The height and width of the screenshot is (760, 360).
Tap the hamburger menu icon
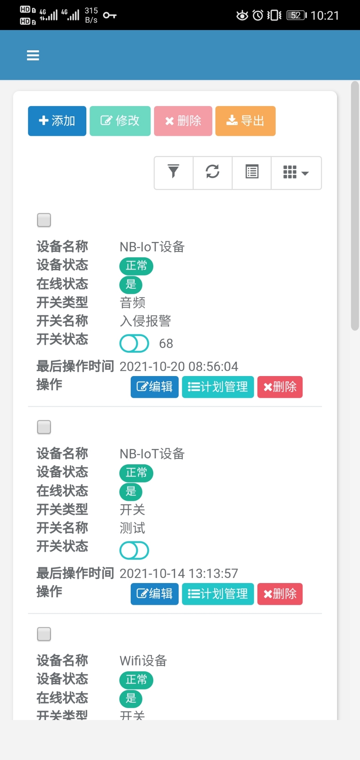33,55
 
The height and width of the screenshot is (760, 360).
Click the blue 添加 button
57,121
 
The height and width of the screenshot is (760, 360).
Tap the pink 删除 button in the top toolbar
183,121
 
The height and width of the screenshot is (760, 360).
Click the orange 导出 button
245,121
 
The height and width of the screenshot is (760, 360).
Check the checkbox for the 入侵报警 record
44,220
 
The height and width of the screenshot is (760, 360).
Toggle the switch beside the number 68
134,343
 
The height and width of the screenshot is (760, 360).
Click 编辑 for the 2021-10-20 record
154,387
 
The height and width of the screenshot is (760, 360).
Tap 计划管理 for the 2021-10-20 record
218,387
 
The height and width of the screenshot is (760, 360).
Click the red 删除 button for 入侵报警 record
280,387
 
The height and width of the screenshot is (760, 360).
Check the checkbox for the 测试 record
44,427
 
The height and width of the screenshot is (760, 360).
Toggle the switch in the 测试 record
134,550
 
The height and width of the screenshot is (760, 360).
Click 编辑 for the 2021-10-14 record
154,594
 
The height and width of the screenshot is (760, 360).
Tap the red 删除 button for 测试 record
280,594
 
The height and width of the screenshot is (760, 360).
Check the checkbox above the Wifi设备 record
44,634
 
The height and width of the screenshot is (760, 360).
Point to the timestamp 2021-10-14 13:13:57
179,573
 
